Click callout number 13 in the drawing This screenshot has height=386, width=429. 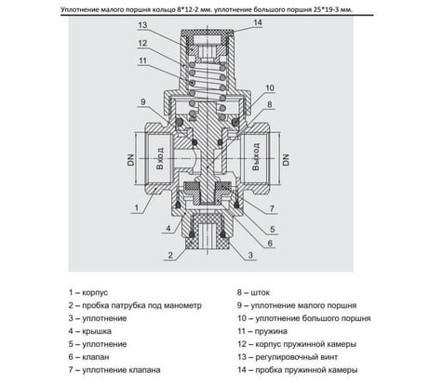tap(142, 25)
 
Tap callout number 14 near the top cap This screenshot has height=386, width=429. tap(258, 22)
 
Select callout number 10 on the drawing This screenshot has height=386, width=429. tap(270, 88)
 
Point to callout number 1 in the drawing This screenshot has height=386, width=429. tap(137, 207)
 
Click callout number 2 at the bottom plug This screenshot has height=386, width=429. tap(170, 255)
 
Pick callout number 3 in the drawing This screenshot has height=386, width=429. tap(250, 255)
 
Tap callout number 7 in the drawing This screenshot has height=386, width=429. tap(272, 208)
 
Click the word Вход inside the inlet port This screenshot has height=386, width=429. tap(159, 158)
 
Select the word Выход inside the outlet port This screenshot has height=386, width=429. tap(256, 156)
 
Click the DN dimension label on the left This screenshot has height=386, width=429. tap(131, 160)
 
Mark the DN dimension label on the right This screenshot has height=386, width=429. tap(286, 160)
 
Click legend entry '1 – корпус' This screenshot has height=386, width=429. tap(88, 292)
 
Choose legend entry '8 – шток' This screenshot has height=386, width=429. tap(253, 292)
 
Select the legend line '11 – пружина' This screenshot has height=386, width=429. tap(262, 331)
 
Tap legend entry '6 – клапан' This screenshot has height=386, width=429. tap(89, 357)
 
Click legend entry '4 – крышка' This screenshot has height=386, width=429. tap(90, 331)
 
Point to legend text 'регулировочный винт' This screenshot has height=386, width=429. tap(296, 357)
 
